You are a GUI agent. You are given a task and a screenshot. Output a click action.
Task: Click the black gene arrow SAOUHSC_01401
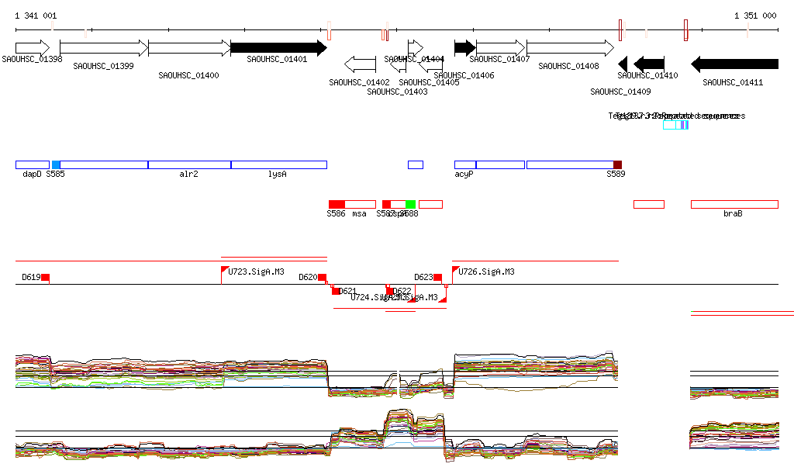point(278,48)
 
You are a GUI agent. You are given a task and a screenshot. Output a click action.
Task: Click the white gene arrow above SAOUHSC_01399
point(103,48)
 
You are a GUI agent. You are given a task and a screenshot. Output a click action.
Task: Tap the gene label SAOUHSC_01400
point(188,75)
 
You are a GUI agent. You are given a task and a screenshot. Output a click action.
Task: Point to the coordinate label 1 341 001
point(36,16)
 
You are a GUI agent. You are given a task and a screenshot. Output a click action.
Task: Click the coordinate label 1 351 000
point(755,16)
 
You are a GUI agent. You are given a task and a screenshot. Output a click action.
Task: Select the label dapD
point(32,175)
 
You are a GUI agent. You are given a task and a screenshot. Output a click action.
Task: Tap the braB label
point(733,213)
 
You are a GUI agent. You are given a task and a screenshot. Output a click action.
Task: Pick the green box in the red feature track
point(411,204)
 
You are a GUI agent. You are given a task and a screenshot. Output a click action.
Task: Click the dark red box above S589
point(617,164)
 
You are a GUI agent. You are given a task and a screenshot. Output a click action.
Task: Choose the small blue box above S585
point(56,164)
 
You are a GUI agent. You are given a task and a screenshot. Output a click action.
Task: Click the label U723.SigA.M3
point(257,272)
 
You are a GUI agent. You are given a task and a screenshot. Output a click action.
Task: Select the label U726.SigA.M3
point(487,272)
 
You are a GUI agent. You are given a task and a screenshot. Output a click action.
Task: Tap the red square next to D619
point(46,278)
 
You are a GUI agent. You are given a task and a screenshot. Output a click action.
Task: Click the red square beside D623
point(438,278)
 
